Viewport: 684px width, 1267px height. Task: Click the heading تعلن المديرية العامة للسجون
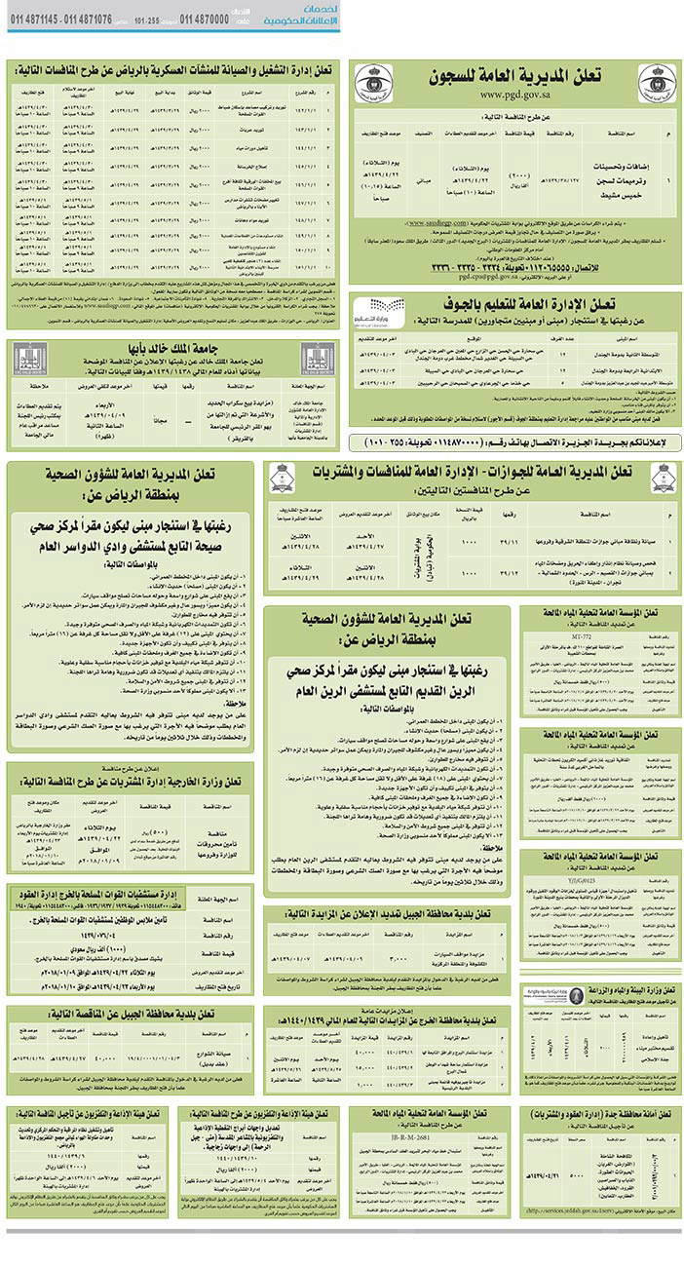515,77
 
